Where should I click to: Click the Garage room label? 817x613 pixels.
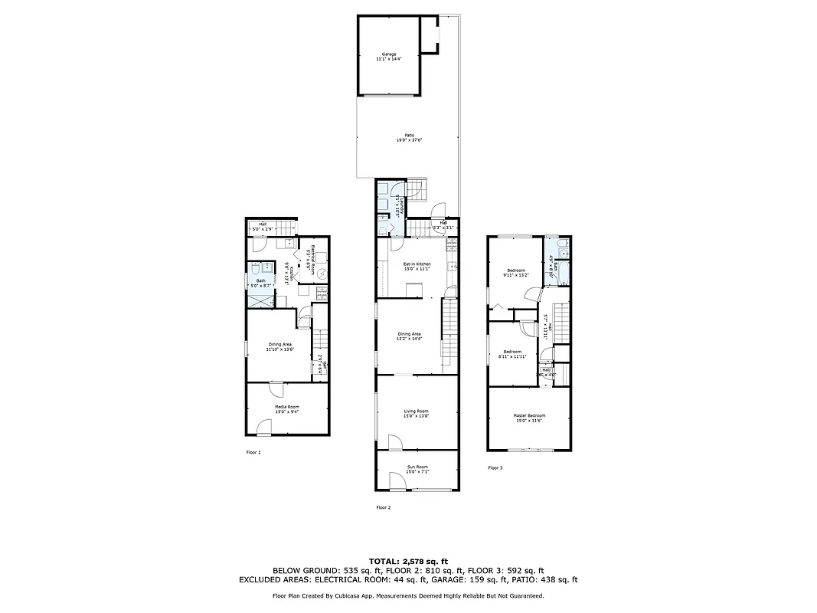(389, 56)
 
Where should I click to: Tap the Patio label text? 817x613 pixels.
(410, 138)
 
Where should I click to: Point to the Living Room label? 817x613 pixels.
(417, 414)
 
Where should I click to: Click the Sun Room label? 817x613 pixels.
(417, 469)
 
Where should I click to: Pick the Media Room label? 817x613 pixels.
(287, 409)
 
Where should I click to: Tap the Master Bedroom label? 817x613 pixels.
(529, 418)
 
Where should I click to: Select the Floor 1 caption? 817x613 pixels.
(253, 453)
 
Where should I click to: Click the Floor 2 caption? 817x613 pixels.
(384, 507)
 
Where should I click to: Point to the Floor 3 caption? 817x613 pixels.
(495, 467)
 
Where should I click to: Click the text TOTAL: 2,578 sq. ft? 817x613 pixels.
(408, 561)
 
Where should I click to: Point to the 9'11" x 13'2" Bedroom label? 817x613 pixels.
(515, 273)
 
